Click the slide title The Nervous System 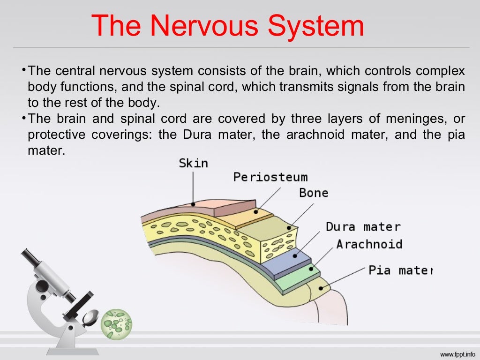pyautogui.click(x=227, y=26)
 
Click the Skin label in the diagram pyautogui.click(x=193, y=163)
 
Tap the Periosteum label pyautogui.click(x=270, y=177)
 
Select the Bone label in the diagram pyautogui.click(x=314, y=193)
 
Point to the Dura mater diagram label pyautogui.click(x=363, y=227)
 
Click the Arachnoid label pyautogui.click(x=369, y=244)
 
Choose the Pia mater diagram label pyautogui.click(x=400, y=270)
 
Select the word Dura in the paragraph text pyautogui.click(x=199, y=135)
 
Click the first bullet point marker pyautogui.click(x=23, y=70)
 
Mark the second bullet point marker pyautogui.click(x=23, y=118)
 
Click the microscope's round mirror pyautogui.click(x=90, y=317)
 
